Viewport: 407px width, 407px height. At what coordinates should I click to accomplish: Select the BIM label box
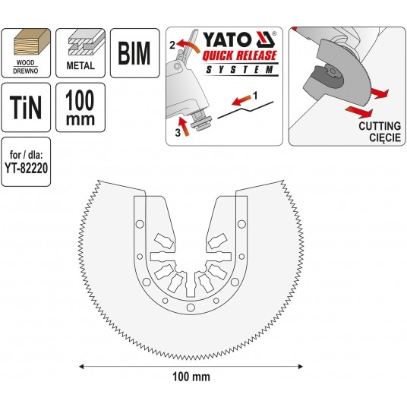tap(134, 53)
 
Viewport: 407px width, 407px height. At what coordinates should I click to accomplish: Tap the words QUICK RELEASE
tap(239, 55)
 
